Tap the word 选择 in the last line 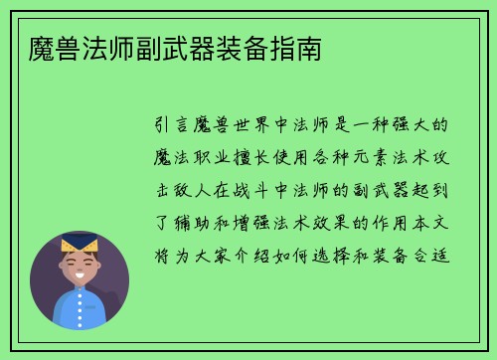pos(350,242)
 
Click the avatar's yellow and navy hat pos(80,244)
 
